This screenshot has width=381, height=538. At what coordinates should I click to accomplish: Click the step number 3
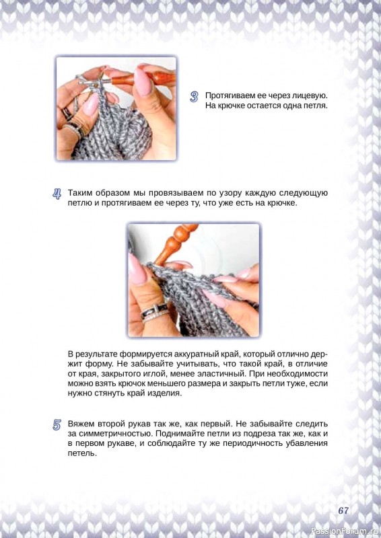[194, 97]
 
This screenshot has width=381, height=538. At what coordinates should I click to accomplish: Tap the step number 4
[57, 194]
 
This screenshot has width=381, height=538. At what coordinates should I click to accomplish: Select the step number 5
[57, 425]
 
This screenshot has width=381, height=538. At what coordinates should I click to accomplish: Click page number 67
[343, 510]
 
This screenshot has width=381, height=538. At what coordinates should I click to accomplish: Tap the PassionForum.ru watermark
[345, 531]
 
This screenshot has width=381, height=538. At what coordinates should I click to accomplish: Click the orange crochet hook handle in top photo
[144, 79]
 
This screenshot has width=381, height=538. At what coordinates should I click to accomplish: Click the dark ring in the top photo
[67, 113]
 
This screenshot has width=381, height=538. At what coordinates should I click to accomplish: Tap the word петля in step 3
[315, 106]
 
